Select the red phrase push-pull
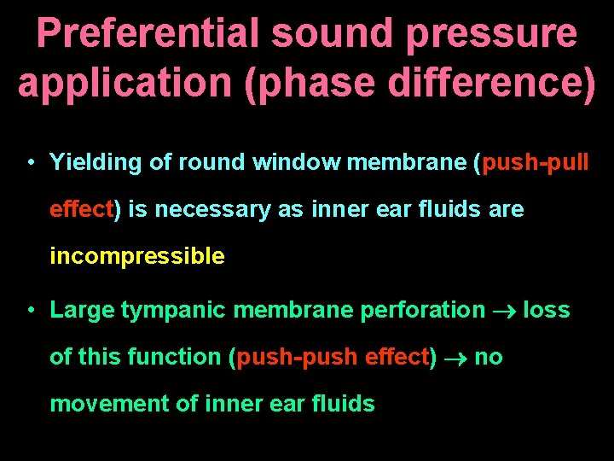(x=535, y=162)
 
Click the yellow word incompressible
(x=137, y=257)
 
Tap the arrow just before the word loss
(x=504, y=310)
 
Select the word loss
(x=546, y=309)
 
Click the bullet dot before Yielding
(x=30, y=163)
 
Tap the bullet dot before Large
(x=30, y=310)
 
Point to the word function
(x=177, y=357)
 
